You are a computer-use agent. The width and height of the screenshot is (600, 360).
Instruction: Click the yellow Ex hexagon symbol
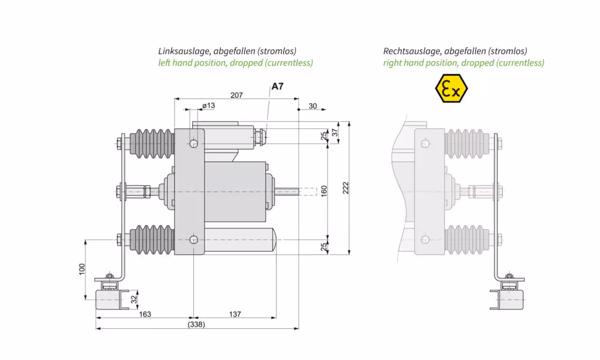(451, 89)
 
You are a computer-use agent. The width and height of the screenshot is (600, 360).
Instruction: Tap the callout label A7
(277, 87)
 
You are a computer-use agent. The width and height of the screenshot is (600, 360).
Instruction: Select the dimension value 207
(237, 95)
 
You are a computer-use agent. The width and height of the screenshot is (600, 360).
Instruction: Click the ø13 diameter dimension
(208, 106)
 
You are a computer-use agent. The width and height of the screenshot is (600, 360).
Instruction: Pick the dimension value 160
(324, 191)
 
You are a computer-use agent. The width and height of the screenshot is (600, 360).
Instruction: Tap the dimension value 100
(82, 269)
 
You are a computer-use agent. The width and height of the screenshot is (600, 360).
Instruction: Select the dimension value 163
(145, 314)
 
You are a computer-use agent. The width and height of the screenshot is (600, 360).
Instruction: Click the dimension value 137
(234, 314)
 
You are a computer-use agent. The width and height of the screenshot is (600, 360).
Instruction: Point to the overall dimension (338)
(196, 324)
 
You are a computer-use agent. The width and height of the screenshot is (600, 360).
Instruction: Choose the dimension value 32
(134, 299)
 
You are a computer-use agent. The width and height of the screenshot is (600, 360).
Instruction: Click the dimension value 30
(313, 106)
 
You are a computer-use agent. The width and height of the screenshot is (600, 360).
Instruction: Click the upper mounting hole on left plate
(194, 142)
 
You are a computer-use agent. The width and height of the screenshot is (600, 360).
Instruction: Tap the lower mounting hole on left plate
(194, 239)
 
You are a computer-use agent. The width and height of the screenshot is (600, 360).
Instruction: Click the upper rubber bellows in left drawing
(151, 143)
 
